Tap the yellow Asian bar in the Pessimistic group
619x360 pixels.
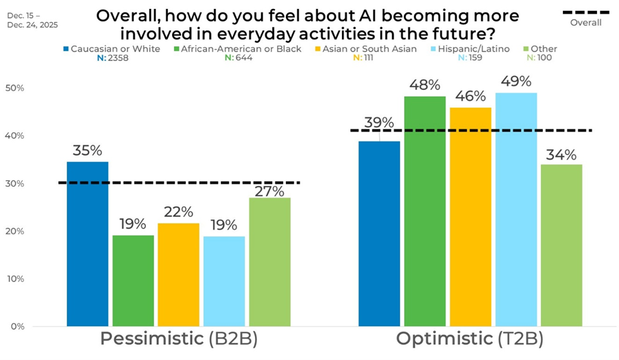point(178,274)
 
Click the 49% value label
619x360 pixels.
point(516,82)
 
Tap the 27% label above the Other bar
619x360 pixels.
point(269,191)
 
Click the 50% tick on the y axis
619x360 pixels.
point(14,88)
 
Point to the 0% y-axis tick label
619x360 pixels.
point(17,326)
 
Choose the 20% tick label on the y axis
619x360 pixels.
point(14,231)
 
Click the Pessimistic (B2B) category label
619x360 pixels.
point(178,339)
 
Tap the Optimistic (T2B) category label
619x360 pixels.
point(470,339)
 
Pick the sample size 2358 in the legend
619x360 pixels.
point(116,58)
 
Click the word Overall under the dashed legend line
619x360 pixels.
point(585,23)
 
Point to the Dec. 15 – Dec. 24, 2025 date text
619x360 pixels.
point(34,19)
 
